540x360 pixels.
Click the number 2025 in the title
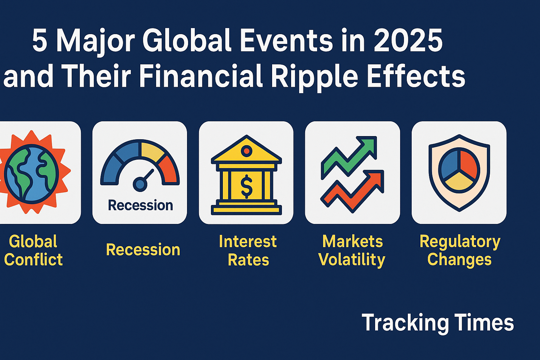coord(408,40)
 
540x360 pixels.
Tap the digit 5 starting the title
coord(39,41)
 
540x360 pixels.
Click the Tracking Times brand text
coord(438,323)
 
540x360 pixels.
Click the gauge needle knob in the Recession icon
coord(140,185)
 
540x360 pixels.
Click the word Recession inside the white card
coord(140,205)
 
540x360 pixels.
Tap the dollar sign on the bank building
coord(246,186)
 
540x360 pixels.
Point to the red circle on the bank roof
coord(246,151)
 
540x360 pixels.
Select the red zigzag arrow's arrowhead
coord(374,180)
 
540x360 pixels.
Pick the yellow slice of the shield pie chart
coord(459,181)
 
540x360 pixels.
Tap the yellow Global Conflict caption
coord(33,250)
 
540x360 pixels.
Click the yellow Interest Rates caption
coord(248,251)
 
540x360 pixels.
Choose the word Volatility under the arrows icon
coord(352,260)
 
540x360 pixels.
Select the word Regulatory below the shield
coord(460,242)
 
